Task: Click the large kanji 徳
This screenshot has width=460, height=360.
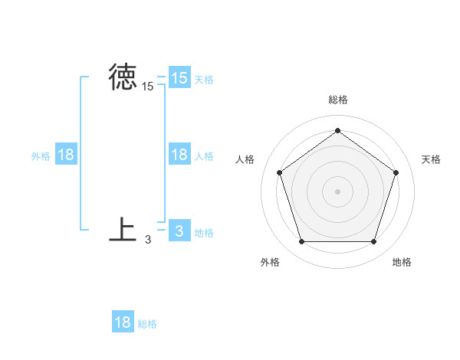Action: (123, 77)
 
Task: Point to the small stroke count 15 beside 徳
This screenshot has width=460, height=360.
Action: (148, 87)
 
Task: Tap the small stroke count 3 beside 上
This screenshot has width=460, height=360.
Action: (148, 240)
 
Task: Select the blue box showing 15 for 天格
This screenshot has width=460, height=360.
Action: (179, 77)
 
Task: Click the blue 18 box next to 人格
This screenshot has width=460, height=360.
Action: (179, 155)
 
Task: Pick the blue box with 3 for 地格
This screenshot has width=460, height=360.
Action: (179, 231)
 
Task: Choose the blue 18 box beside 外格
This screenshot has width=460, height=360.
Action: (66, 155)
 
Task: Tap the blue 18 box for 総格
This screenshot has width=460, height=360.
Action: (123, 322)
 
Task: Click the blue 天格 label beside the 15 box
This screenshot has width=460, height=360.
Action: (204, 80)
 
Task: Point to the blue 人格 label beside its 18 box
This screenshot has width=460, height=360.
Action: (204, 156)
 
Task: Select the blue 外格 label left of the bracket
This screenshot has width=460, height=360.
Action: (41, 156)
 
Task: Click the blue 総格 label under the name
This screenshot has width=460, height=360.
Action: (147, 324)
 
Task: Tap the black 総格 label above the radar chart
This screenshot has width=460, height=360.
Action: (337, 100)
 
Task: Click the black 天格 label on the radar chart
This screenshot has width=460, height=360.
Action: (432, 159)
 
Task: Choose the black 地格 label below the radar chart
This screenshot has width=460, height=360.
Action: (402, 262)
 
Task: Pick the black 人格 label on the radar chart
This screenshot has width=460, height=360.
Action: (245, 159)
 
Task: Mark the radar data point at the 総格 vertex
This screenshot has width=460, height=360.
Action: (337, 131)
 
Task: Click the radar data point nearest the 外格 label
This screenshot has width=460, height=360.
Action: (301, 242)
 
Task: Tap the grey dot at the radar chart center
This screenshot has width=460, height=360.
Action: (337, 191)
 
